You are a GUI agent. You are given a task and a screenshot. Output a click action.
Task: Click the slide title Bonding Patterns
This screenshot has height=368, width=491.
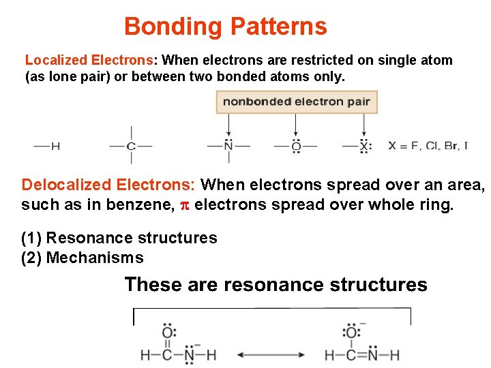click(225, 27)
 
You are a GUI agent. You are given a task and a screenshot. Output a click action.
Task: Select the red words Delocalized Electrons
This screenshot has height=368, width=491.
click(108, 185)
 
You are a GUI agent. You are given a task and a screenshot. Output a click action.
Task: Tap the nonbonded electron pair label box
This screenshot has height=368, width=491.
click(297, 102)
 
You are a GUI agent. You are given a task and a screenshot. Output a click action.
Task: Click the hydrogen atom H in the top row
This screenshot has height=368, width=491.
click(55, 146)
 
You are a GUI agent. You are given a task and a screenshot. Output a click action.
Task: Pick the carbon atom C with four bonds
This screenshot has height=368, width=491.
click(131, 146)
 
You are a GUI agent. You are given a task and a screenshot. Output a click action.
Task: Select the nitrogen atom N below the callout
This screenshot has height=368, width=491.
click(228, 146)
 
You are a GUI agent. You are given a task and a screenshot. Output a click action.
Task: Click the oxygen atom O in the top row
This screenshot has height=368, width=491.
click(295, 146)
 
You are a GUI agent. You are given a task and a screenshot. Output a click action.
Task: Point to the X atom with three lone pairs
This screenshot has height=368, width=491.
click(366, 146)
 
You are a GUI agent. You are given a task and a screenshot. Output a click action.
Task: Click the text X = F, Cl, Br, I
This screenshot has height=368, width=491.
click(428, 146)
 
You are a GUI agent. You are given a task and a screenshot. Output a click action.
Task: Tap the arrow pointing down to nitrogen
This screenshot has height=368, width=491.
click(228, 124)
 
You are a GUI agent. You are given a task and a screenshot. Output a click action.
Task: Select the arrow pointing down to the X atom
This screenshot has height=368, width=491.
click(366, 124)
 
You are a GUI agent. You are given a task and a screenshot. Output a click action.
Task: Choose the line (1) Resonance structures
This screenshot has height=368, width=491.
click(119, 238)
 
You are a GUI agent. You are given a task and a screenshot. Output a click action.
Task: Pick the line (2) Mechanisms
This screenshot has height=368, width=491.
click(83, 258)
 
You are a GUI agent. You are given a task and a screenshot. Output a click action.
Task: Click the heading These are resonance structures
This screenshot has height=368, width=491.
click(276, 284)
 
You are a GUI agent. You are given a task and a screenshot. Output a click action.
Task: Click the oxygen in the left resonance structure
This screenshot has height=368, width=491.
click(168, 333)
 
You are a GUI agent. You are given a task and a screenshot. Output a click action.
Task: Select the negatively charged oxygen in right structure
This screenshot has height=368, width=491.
click(351, 333)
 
